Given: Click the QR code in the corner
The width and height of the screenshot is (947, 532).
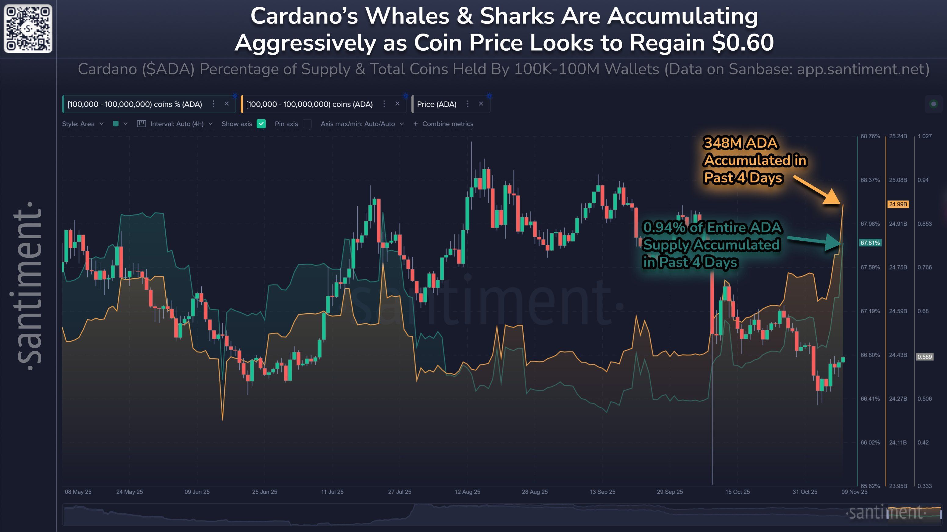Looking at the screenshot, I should (28, 28).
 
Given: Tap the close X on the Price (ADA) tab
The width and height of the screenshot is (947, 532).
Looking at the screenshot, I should (481, 104).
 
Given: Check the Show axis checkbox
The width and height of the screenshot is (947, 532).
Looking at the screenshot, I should (261, 124).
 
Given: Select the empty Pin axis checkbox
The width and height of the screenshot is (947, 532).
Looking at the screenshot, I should (307, 124).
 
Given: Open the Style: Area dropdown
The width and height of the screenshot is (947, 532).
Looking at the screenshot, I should (83, 124).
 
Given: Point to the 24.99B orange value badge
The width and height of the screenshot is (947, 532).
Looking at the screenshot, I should (897, 204).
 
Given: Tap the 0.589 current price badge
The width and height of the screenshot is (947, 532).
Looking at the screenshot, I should (924, 357).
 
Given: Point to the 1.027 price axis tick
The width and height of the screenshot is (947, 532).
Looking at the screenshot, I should (924, 136).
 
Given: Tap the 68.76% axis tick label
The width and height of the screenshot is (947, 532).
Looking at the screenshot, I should (870, 136).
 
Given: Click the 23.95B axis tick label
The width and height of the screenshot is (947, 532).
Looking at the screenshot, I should (898, 486).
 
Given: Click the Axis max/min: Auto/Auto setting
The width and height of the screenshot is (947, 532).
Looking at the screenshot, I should (362, 124).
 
